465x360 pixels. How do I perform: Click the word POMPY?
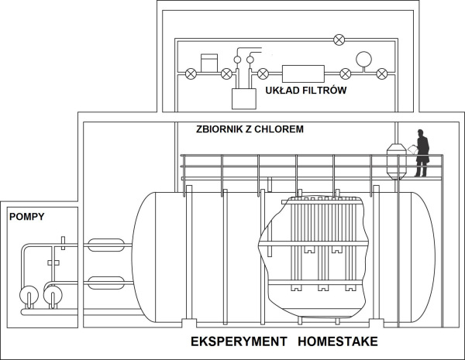click(26, 218)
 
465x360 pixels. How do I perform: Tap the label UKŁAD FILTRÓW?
click(305, 91)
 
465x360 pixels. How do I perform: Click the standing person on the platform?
click(422, 153)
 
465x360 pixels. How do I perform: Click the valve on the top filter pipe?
click(338, 39)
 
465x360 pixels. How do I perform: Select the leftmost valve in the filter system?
click(190, 74)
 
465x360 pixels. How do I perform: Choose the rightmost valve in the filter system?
click(381, 74)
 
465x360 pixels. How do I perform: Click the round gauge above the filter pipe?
click(363, 58)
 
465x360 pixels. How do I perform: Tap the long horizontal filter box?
click(303, 74)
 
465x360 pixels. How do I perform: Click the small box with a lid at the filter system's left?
click(209, 62)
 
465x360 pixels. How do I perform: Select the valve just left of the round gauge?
click(345, 74)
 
